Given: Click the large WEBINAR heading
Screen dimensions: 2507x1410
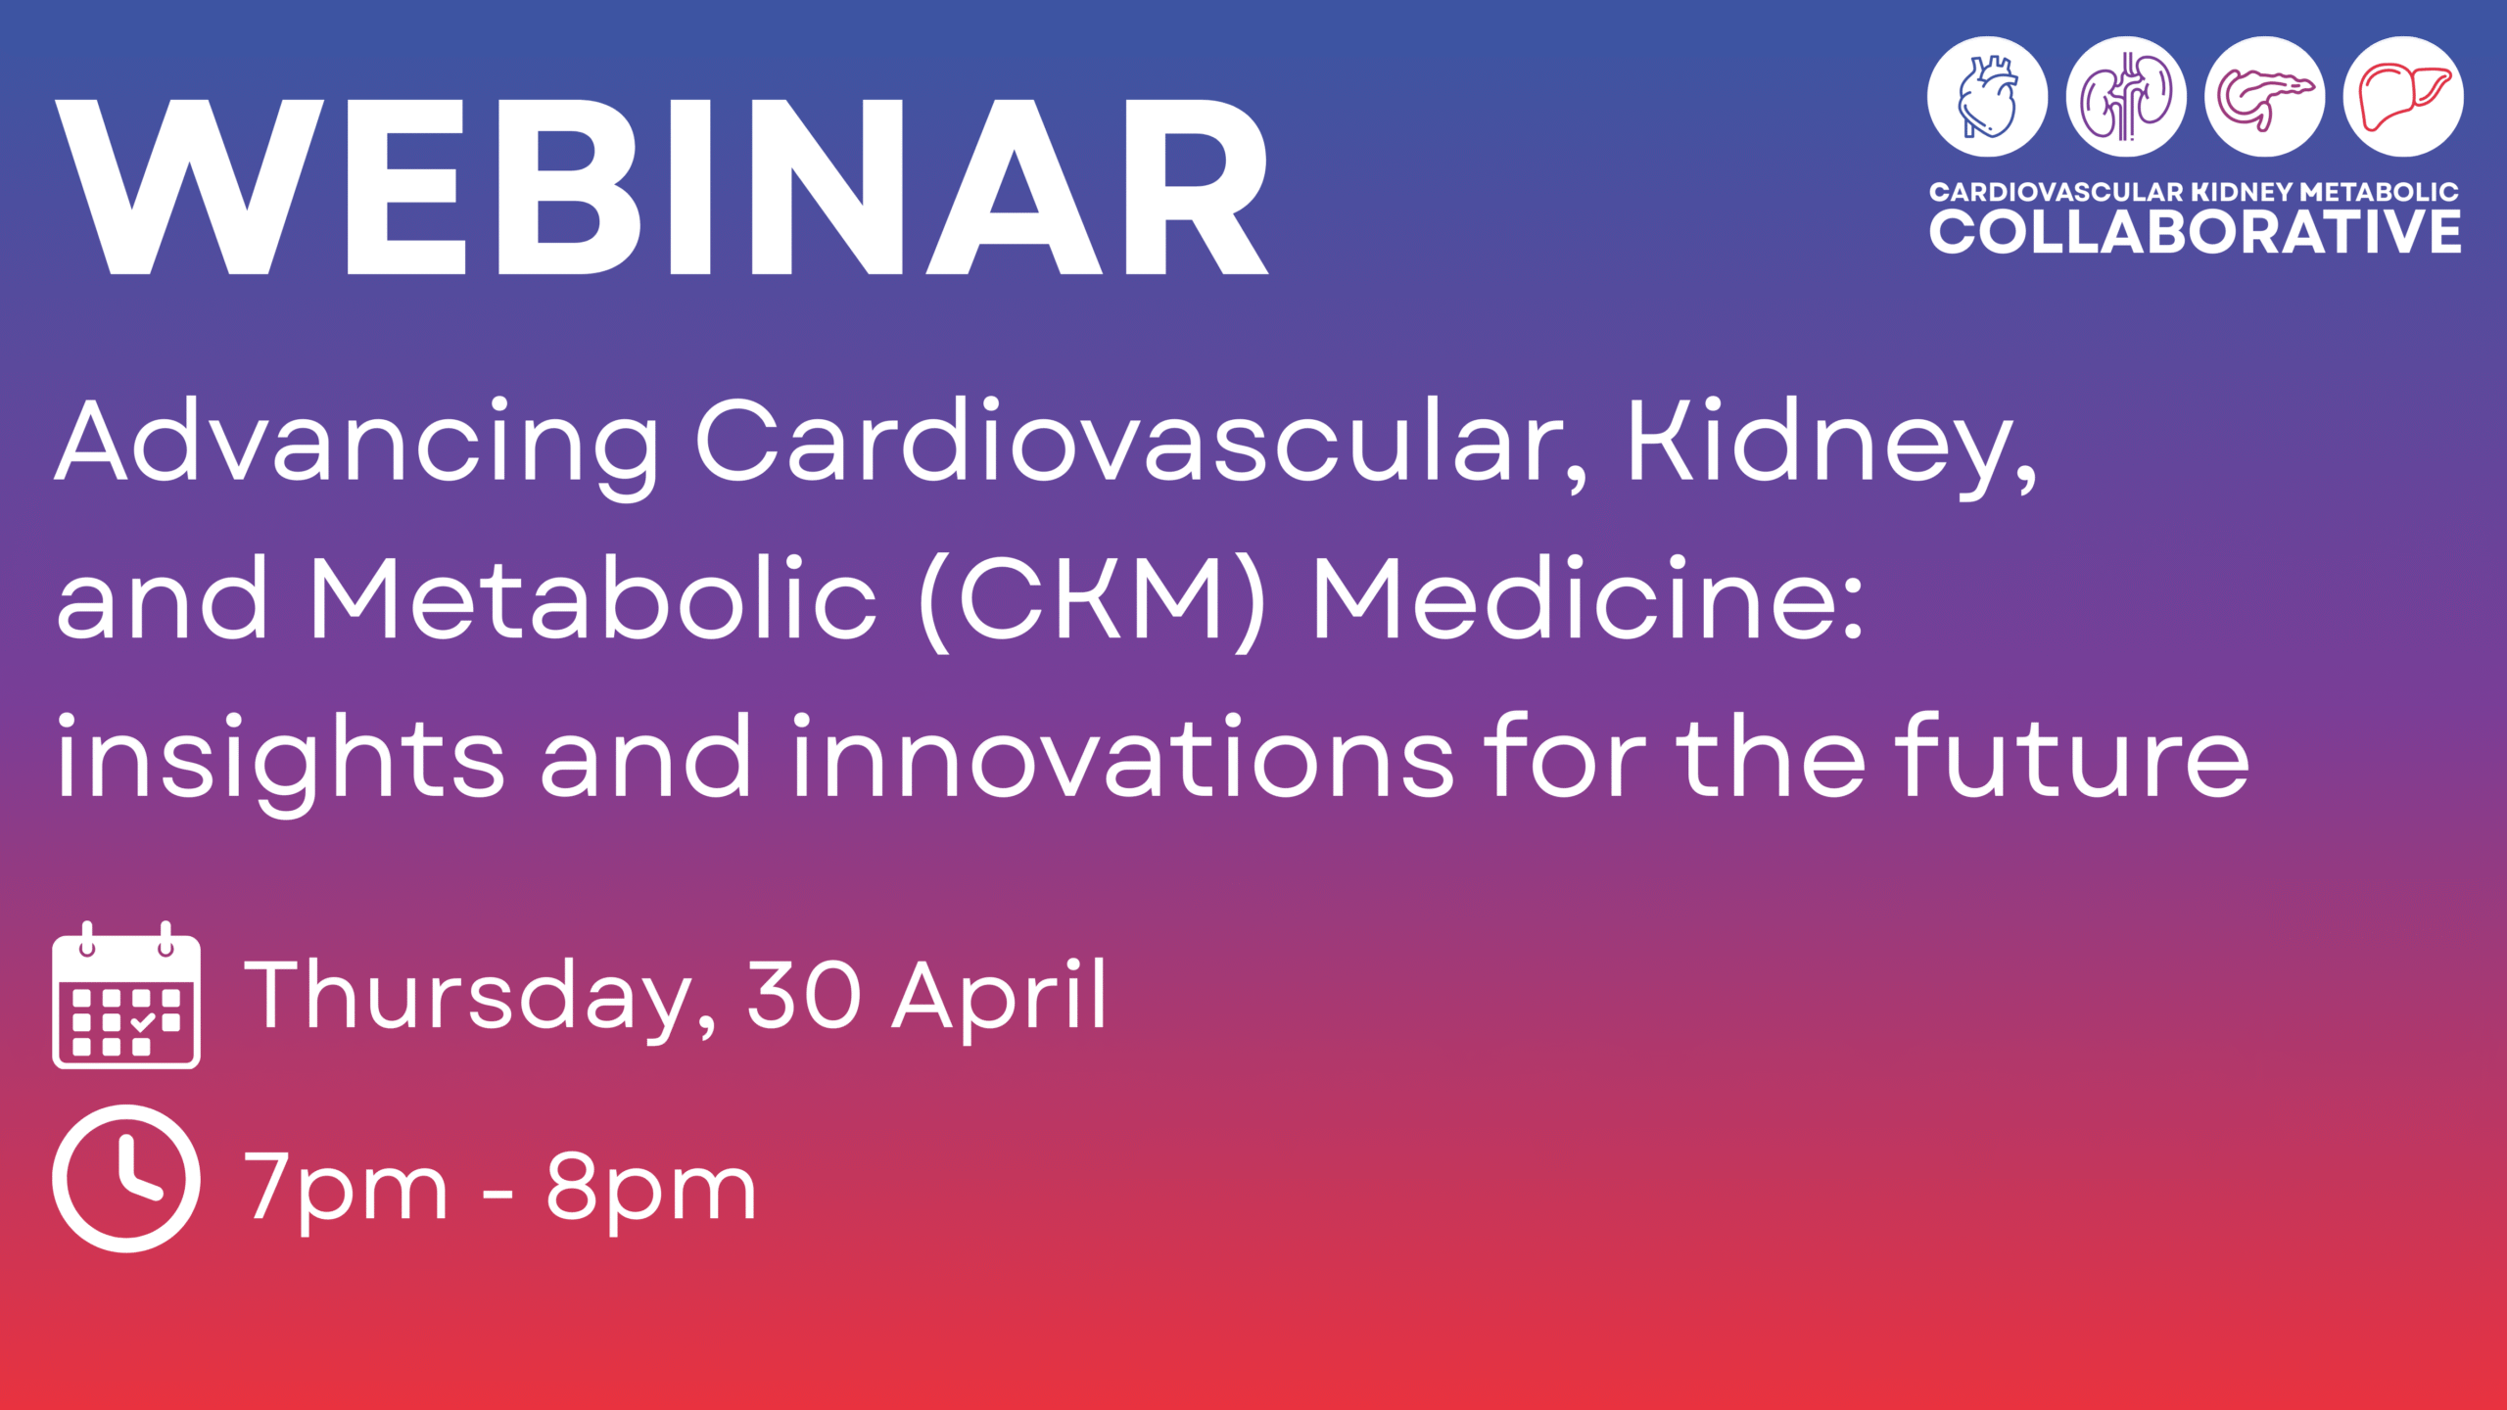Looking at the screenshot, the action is pyautogui.click(x=662, y=186).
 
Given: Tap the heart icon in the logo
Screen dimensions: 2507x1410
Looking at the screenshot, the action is pyautogui.click(x=1987, y=96).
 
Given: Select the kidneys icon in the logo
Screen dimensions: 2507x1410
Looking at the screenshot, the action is pyautogui.click(x=2126, y=96).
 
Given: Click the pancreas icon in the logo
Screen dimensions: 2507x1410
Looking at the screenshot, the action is pyautogui.click(x=2264, y=96).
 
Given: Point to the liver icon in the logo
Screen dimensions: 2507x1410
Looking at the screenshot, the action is pyautogui.click(x=2403, y=96).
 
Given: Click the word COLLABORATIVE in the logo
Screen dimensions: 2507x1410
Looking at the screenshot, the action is pyautogui.click(x=2195, y=232).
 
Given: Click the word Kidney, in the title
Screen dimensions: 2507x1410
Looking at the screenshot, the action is pyautogui.click(x=1832, y=446).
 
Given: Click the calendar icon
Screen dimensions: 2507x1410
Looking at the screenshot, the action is pyautogui.click(x=126, y=995).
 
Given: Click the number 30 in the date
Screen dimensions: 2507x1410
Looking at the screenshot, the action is pyautogui.click(x=805, y=994).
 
